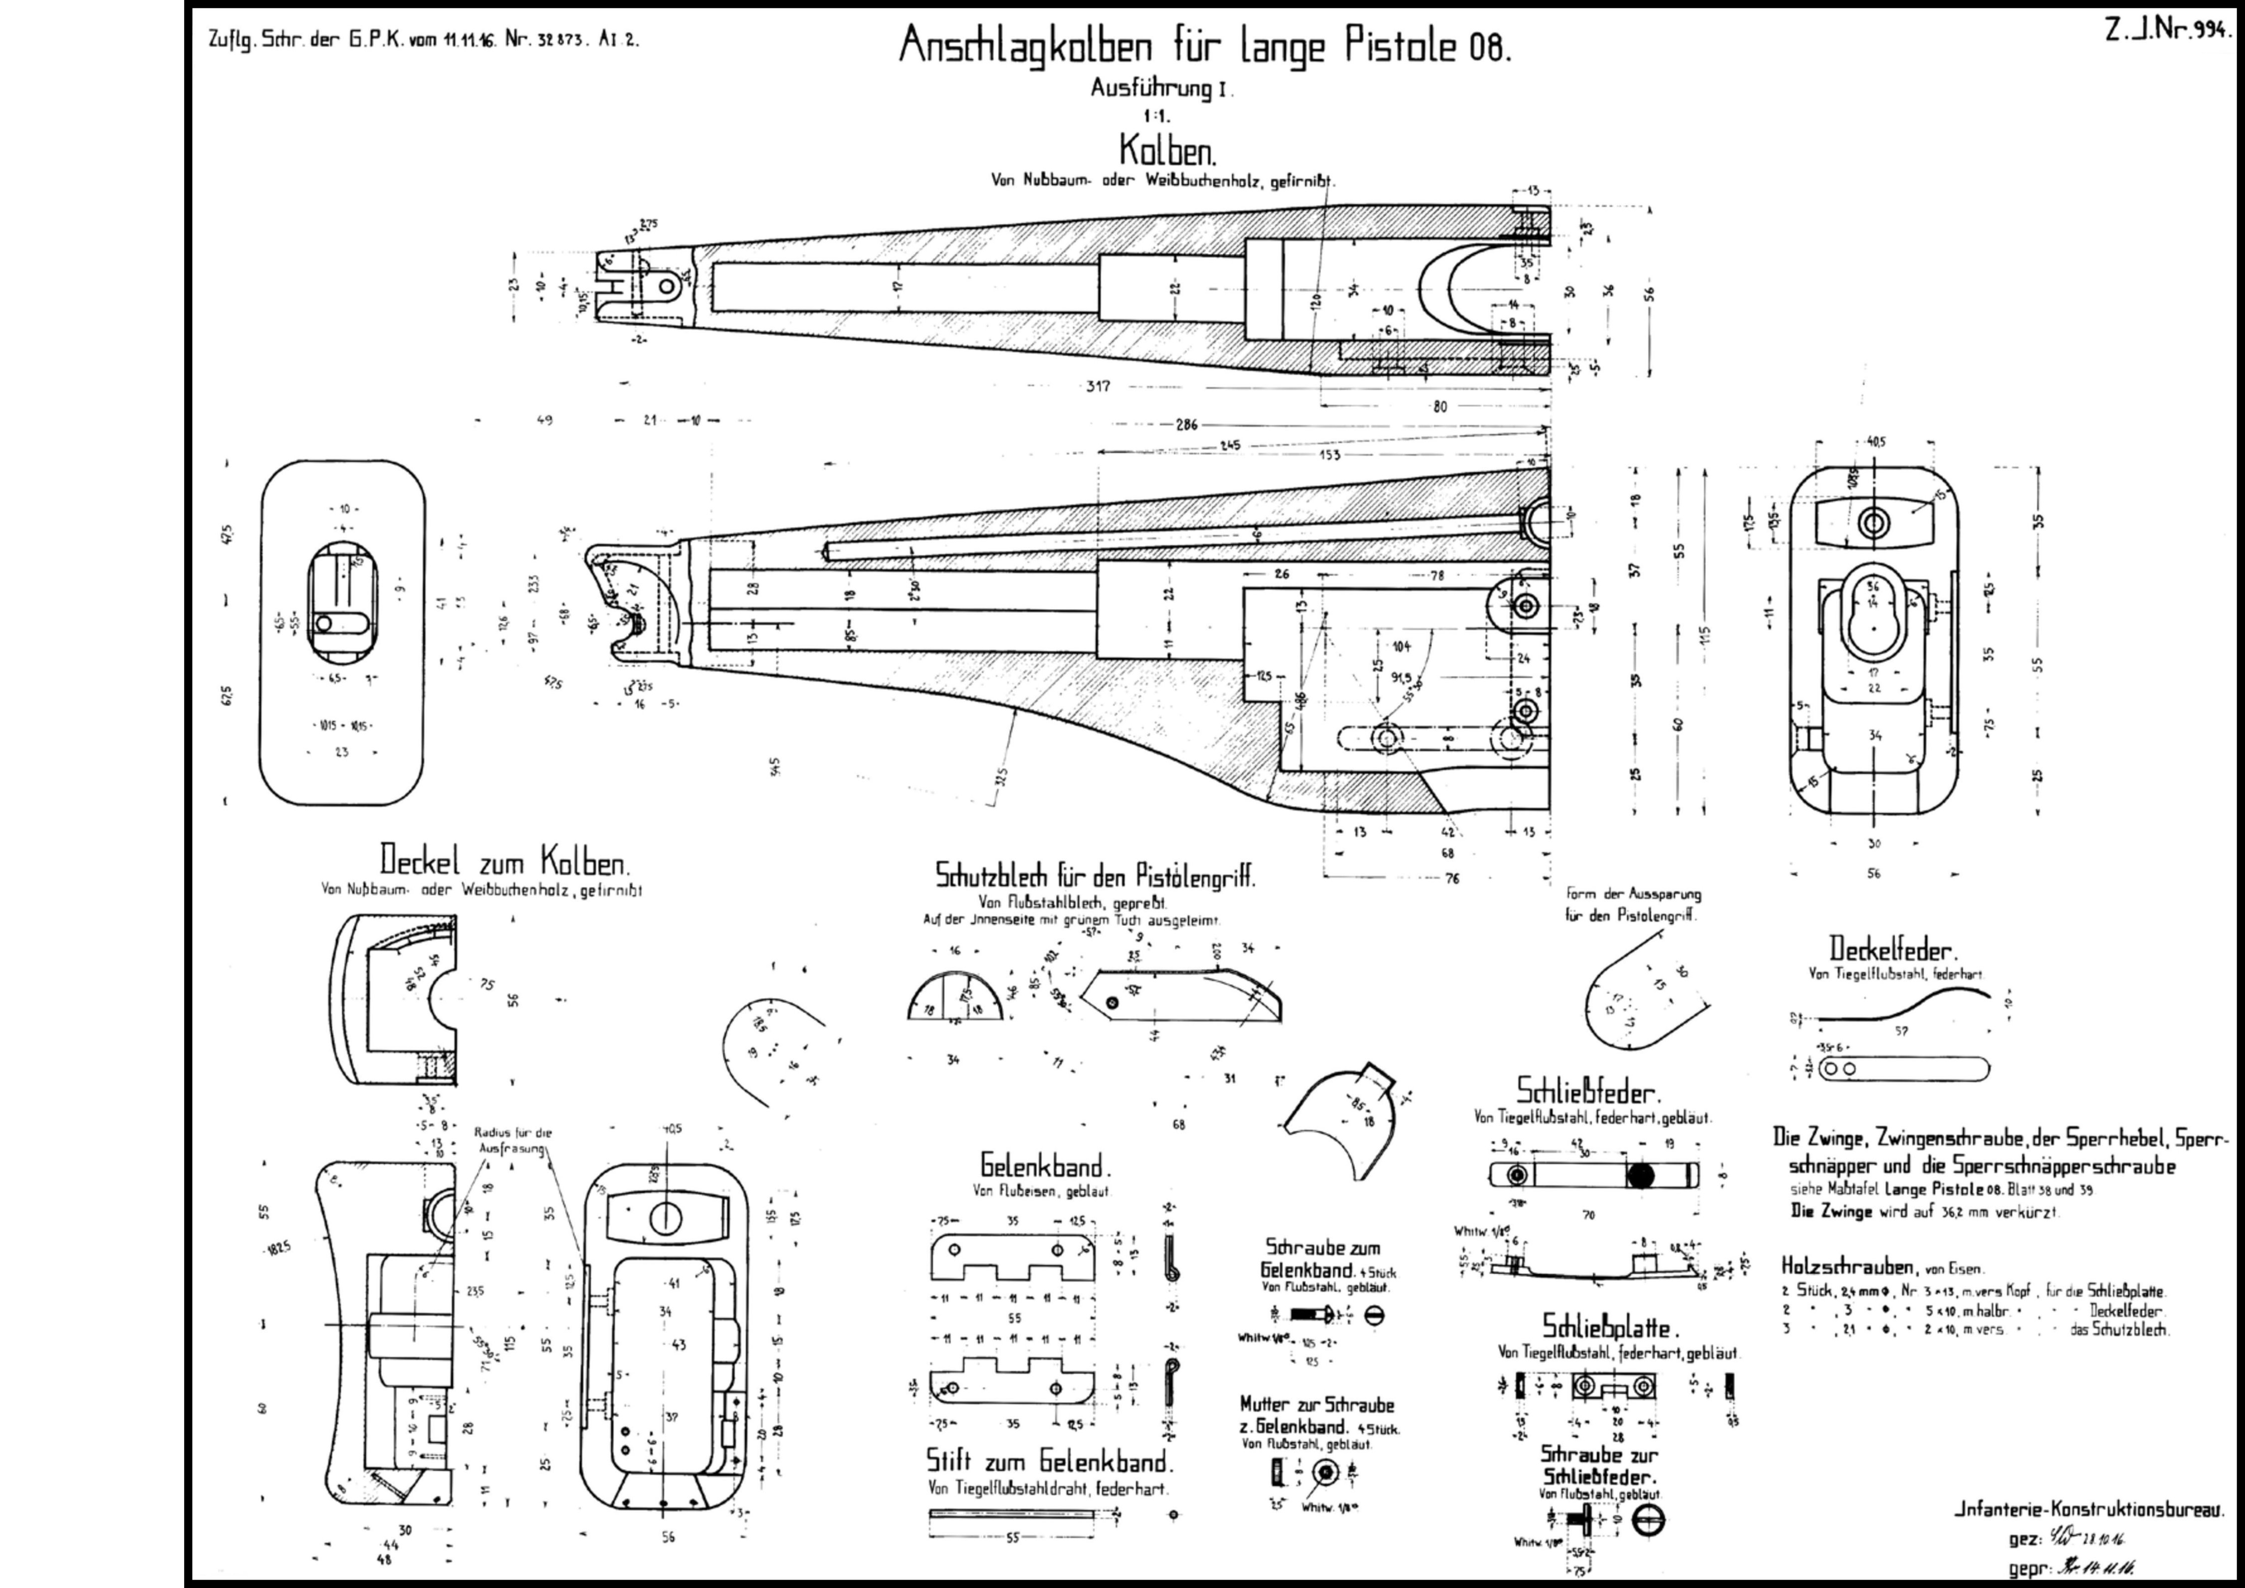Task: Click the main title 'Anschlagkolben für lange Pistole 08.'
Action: pos(1205,45)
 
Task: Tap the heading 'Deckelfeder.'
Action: pos(1894,949)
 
